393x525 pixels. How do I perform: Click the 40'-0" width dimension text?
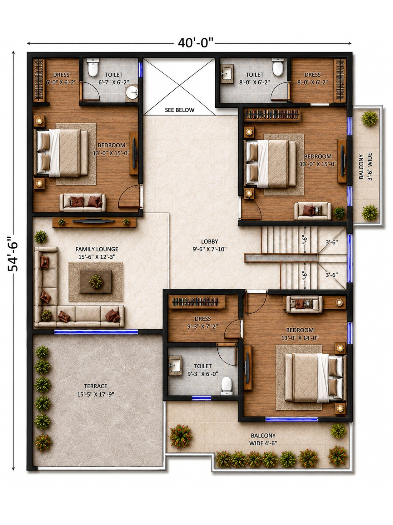[x=196, y=43]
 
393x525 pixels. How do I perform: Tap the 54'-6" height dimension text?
[x=13, y=254]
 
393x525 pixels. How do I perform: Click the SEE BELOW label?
[x=180, y=110]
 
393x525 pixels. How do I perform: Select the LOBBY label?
[x=209, y=245]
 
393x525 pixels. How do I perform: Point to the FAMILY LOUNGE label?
[x=97, y=253]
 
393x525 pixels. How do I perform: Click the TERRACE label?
[x=96, y=390]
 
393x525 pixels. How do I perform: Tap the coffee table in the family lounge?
[x=96, y=281]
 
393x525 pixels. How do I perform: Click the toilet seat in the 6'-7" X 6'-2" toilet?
[x=93, y=67]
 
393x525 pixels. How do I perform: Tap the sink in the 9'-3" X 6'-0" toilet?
[x=175, y=365]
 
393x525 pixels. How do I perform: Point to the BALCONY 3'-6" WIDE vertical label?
[x=365, y=166]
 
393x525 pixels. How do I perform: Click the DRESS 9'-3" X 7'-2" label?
[x=203, y=322]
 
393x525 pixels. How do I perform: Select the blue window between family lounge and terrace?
[x=96, y=331]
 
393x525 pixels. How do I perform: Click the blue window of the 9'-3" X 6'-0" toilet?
[x=201, y=398]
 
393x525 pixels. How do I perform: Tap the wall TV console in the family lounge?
[x=94, y=222]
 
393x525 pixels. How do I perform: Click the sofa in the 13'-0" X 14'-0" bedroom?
[x=304, y=305]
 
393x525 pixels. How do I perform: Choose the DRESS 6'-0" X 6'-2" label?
[x=61, y=78]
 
